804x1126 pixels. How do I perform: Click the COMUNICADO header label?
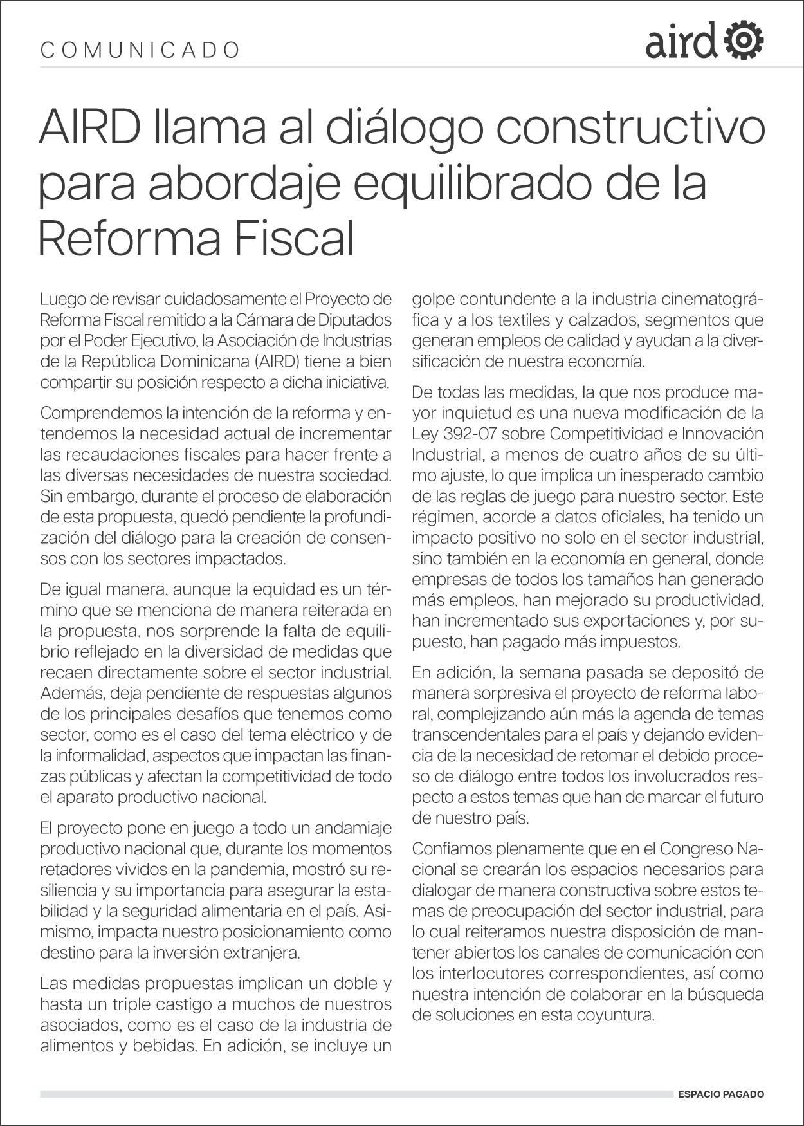click(140, 50)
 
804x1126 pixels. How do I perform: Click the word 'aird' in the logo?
click(681, 42)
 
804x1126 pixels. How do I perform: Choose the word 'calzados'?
click(606, 320)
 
